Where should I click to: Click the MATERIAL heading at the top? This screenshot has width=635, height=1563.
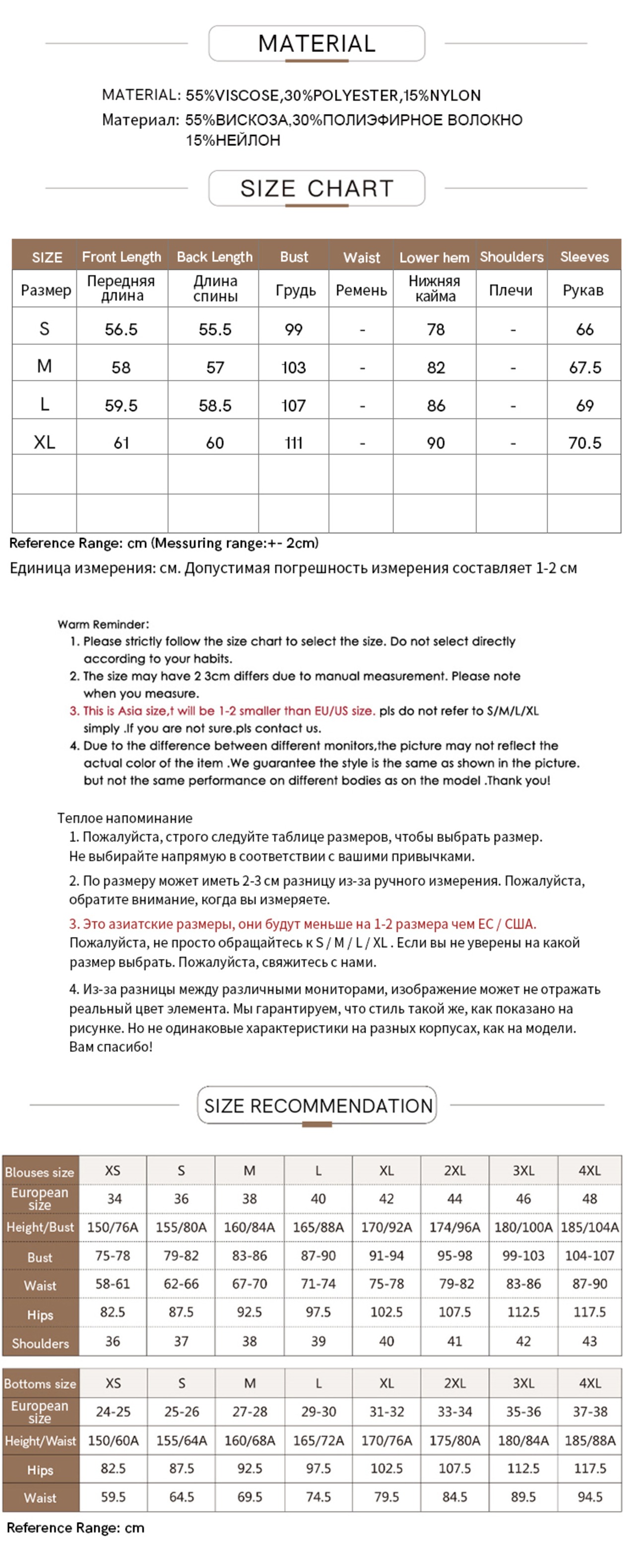coord(317,44)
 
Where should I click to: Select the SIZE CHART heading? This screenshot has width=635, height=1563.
coord(317,188)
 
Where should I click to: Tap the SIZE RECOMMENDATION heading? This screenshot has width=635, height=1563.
coord(317,1106)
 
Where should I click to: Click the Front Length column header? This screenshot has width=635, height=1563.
coord(122,257)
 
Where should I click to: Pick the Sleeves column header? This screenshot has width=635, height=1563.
coord(584,257)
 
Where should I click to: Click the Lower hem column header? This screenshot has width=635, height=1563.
coord(434,258)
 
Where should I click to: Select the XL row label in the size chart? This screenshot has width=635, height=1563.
coord(44,442)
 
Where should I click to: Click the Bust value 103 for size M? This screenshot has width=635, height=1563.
coord(294,368)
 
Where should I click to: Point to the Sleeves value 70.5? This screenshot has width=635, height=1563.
coord(584,443)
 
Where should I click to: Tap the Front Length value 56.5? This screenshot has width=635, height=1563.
coord(122,329)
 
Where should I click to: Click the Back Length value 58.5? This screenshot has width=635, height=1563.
coord(215,405)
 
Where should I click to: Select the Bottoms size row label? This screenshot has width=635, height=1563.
coord(40,1383)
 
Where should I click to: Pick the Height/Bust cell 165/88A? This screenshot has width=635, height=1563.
coord(318,1227)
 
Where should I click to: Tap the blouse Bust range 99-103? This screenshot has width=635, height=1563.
coord(523,1255)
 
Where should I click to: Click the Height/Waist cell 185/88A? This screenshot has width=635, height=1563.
coord(589,1440)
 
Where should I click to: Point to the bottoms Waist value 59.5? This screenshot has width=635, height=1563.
coord(113,1496)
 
